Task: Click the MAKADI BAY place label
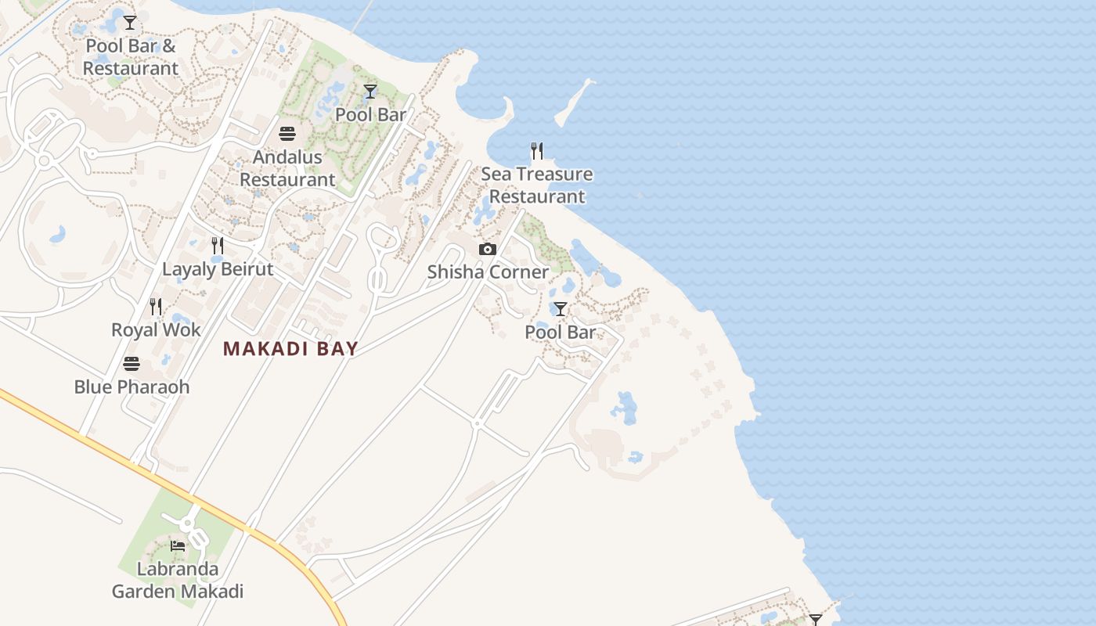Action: [290, 349]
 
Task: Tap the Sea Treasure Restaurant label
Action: [537, 185]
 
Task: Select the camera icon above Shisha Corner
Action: [488, 250]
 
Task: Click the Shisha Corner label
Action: [488, 272]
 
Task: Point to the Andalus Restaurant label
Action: [287, 168]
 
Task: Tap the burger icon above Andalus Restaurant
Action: [287, 134]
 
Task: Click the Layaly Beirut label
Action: [218, 269]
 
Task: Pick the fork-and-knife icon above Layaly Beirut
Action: [218, 246]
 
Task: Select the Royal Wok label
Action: [156, 330]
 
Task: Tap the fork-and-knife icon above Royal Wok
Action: [156, 307]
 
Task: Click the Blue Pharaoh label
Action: [132, 387]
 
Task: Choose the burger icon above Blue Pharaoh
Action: [132, 364]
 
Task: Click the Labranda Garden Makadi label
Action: [178, 580]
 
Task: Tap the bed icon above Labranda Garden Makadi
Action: [178, 546]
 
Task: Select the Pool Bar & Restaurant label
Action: [131, 57]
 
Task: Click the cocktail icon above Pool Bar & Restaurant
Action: [130, 23]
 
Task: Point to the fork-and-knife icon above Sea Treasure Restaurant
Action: [537, 151]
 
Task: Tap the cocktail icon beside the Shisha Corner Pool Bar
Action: [560, 309]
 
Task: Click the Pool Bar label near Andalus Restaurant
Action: [370, 115]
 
